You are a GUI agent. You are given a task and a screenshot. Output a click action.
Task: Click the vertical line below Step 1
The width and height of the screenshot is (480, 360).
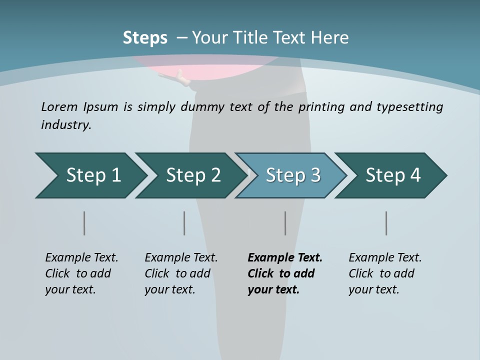(x=84, y=223)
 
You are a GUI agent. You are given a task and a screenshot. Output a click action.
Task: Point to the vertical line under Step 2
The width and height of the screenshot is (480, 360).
(x=184, y=223)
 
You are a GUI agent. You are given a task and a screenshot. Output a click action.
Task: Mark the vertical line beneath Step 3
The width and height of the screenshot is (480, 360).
(x=285, y=223)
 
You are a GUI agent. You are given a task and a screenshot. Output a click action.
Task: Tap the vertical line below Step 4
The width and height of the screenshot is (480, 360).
(x=386, y=223)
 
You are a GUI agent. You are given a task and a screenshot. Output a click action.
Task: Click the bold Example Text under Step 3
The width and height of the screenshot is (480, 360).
(x=285, y=273)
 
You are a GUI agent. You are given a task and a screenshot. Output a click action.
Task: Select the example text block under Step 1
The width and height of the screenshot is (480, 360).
(x=81, y=273)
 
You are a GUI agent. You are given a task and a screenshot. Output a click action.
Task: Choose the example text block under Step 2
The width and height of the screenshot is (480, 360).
(x=181, y=273)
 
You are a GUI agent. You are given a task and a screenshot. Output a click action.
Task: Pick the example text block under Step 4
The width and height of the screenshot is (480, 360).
(x=385, y=273)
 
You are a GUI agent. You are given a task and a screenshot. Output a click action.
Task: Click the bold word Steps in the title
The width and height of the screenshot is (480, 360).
(x=145, y=38)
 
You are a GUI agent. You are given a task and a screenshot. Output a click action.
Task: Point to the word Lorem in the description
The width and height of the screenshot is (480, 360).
(x=59, y=106)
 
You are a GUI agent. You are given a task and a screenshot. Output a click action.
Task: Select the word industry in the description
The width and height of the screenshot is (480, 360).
(x=66, y=125)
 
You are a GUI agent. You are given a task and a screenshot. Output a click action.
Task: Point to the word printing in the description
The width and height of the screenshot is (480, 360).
(x=320, y=107)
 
